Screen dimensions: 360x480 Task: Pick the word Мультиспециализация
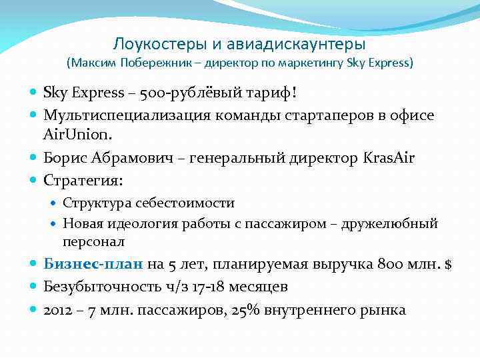click(x=127, y=115)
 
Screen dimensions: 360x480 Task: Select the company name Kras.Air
click(x=388, y=157)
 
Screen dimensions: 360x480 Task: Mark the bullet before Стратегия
click(x=34, y=181)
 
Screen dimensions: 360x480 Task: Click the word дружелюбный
click(x=389, y=223)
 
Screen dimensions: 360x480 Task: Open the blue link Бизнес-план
click(x=93, y=265)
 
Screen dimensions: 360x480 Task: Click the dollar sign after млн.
click(x=449, y=265)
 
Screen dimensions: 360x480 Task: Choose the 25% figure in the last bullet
click(x=243, y=310)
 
